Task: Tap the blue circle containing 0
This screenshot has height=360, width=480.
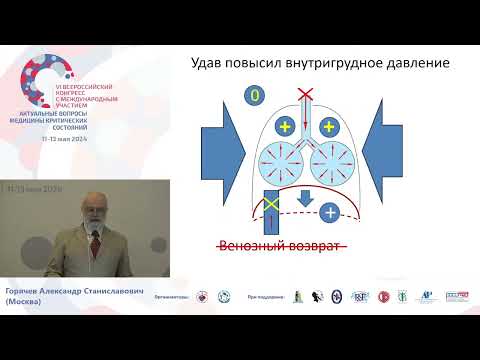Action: (x=254, y=97)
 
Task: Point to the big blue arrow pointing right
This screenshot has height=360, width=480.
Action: (x=222, y=152)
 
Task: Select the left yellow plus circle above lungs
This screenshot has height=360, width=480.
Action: (x=284, y=127)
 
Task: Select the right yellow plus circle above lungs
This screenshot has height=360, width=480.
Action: (x=327, y=127)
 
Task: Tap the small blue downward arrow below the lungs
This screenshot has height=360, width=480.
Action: (x=306, y=199)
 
